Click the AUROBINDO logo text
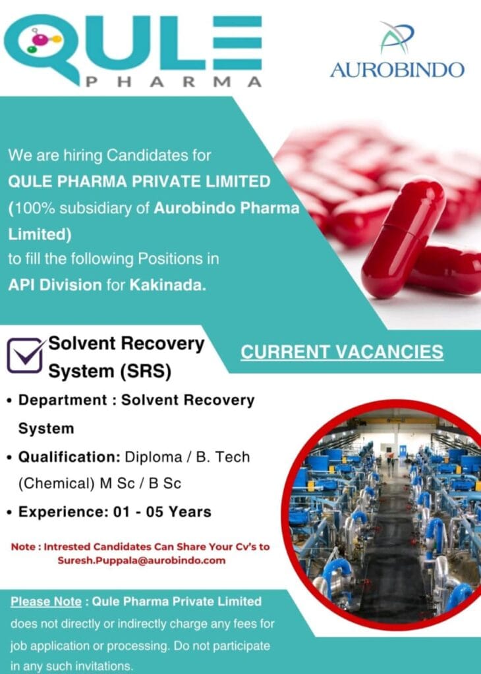click(397, 69)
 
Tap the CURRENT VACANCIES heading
click(342, 352)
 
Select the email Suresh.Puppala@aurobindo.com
click(141, 561)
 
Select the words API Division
click(55, 284)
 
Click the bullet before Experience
click(10, 512)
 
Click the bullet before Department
click(10, 401)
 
